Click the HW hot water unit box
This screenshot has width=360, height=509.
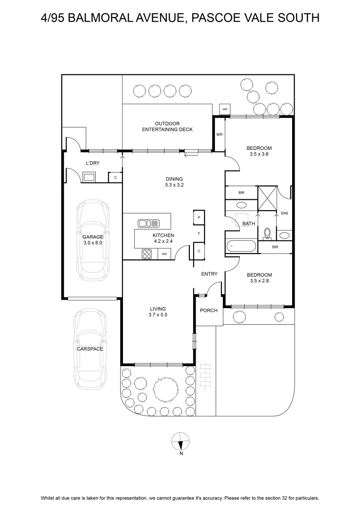click(225, 109)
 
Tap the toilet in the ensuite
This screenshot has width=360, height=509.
click(267, 234)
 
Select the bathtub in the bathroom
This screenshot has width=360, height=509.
click(241, 246)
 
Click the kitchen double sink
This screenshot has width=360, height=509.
click(149, 223)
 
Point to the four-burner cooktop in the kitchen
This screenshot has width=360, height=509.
click(147, 254)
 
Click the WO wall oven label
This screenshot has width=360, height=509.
click(164, 254)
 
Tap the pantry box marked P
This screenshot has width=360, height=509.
click(199, 217)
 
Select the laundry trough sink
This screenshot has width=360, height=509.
click(89, 177)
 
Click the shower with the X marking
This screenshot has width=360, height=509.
click(268, 198)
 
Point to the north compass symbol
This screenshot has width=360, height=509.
click(180, 442)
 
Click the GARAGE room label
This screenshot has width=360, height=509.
click(93, 237)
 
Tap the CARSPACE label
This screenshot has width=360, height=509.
click(90, 349)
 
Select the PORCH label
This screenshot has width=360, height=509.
click(209, 310)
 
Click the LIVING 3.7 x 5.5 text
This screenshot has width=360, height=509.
click(158, 312)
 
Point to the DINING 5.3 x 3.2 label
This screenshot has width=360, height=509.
click(174, 182)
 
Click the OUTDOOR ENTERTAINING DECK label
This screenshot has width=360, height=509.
click(167, 126)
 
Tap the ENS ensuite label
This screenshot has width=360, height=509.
click(284, 213)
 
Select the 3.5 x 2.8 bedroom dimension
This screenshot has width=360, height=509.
click(259, 281)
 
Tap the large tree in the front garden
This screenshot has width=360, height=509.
click(165, 388)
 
